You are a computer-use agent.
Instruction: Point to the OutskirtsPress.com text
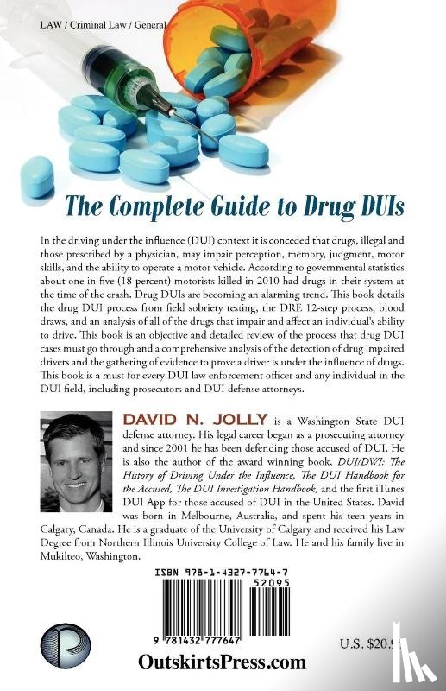[223, 662]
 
